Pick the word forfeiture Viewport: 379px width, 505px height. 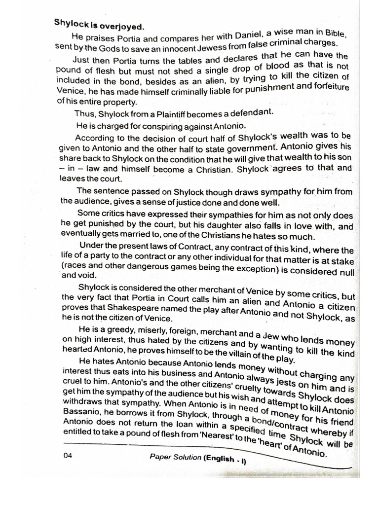(x=328, y=87)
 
